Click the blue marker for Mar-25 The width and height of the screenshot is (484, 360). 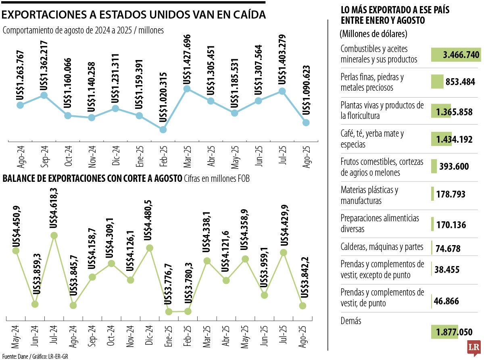coord(187,88)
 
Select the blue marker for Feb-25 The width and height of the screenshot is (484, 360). coord(163,129)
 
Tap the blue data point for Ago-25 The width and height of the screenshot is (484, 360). coord(306,122)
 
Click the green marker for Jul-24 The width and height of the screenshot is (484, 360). coord(54,235)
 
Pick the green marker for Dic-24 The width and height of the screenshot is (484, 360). coord(149,248)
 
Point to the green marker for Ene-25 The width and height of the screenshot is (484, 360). coord(169,311)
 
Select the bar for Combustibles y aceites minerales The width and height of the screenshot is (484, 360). coord(456,54)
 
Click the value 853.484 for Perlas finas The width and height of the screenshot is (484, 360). coord(463,82)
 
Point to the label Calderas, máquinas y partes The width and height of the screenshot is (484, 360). coord(382,247)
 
